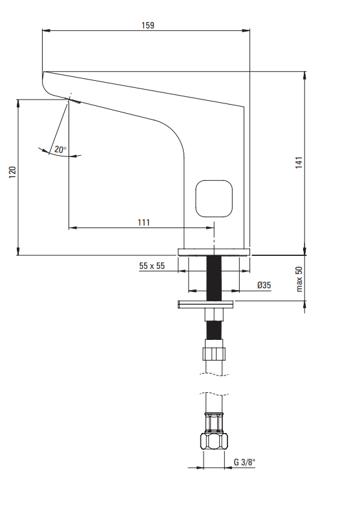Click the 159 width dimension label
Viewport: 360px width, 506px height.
coord(148,25)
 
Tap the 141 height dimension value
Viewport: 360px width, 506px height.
coord(299,162)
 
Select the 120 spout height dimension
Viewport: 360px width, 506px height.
coord(12,173)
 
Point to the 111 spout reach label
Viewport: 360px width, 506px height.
coord(143,222)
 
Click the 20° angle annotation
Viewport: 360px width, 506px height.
coord(60,149)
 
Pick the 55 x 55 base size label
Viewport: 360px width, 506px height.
coord(152,266)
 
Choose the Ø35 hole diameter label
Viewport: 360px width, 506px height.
coord(264,285)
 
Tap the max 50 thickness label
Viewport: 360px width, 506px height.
coord(299,279)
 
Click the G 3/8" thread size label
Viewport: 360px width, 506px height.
coord(244,462)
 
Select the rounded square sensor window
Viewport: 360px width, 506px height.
coord(214,198)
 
